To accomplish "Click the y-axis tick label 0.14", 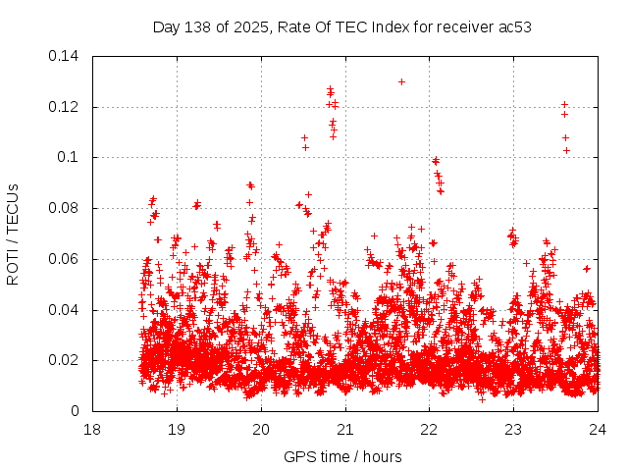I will (x=65, y=56).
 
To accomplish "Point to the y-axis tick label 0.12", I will (x=65, y=107).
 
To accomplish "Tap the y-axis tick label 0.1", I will (x=69, y=157).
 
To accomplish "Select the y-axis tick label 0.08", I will (x=65, y=208).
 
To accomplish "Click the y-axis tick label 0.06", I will (x=65, y=259).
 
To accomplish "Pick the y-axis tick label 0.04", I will (x=65, y=310).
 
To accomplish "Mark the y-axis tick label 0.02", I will (x=65, y=360).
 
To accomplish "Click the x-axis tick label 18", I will (x=92, y=430).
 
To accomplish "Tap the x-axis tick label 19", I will (x=177, y=430).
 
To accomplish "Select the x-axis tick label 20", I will (x=261, y=430).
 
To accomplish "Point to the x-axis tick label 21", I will (x=345, y=430).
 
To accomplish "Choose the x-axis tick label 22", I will (x=429, y=430).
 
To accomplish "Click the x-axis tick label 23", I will (x=513, y=430).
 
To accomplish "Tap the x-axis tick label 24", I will (x=598, y=430).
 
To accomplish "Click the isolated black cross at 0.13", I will (x=401, y=81).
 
